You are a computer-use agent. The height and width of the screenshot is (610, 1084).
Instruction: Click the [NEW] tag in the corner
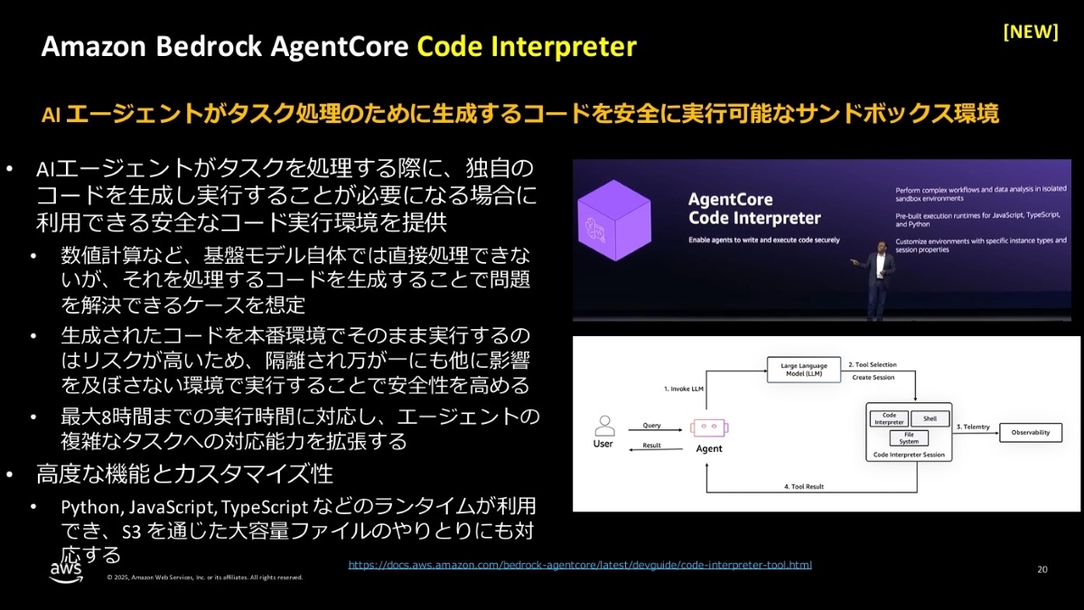[1031, 32]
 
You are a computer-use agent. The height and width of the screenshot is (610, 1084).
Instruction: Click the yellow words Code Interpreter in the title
[527, 47]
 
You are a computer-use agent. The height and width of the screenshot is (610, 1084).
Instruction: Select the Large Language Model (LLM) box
[804, 370]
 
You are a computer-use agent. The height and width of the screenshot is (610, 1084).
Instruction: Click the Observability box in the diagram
[1030, 433]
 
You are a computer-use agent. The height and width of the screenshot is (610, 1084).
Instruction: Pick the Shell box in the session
[930, 418]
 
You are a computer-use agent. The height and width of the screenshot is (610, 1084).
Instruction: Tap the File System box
[909, 438]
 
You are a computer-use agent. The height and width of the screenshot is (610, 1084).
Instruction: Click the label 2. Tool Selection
[872, 364]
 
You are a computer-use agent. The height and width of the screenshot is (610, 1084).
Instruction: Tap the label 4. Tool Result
[803, 487]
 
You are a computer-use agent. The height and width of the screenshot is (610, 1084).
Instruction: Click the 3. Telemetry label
[973, 426]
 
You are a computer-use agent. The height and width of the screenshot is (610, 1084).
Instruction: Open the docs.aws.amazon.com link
[580, 565]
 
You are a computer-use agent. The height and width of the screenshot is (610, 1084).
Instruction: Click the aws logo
[66, 571]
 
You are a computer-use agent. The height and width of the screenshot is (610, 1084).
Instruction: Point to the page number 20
[1042, 569]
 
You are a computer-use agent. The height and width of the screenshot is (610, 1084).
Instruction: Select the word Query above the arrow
[651, 425]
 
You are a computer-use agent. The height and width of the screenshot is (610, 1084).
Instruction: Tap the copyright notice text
[205, 577]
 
